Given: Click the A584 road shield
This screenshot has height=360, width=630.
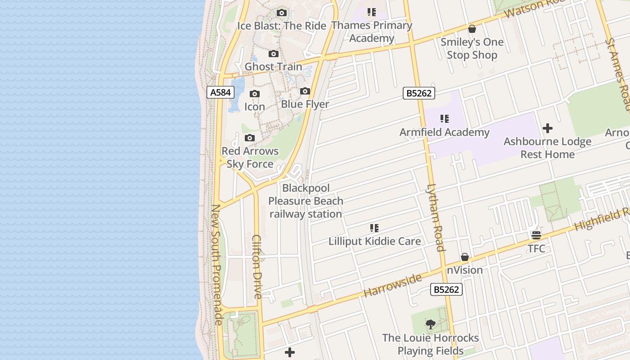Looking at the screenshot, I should point(220,93).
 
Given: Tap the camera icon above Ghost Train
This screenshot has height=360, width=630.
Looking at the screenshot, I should point(274,54).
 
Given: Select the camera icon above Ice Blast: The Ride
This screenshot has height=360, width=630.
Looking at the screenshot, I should point(282,13).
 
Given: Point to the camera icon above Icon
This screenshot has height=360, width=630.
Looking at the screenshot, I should point(255,94).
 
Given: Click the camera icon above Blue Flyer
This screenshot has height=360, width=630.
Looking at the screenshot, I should point(305,91).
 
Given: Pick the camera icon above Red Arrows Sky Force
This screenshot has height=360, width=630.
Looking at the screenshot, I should point(250,138).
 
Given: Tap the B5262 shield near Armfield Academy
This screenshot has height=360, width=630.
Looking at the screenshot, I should point(419,93).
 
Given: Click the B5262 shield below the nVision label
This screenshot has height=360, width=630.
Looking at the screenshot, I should point(446,289).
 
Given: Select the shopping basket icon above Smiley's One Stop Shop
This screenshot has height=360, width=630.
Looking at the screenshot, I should point(472,29).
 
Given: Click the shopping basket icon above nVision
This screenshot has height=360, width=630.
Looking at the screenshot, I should point(465,257).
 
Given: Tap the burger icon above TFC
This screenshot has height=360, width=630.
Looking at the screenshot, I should point(536,235).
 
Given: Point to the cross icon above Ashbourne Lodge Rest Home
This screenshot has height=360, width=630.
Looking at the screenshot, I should point(548,129).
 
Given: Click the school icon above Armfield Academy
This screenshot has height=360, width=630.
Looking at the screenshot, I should point(445,119).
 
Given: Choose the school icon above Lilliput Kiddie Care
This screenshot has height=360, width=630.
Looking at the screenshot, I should point(374,229).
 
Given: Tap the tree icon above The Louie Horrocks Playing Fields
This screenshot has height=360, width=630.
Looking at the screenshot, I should point(431,324).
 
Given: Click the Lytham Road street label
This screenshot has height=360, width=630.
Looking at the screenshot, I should point(435,218).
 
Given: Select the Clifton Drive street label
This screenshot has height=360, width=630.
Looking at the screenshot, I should point(257,266).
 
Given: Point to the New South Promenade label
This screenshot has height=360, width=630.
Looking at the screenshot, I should point(217,265).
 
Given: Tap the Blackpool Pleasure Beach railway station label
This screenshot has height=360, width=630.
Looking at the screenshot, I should point(306,201).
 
